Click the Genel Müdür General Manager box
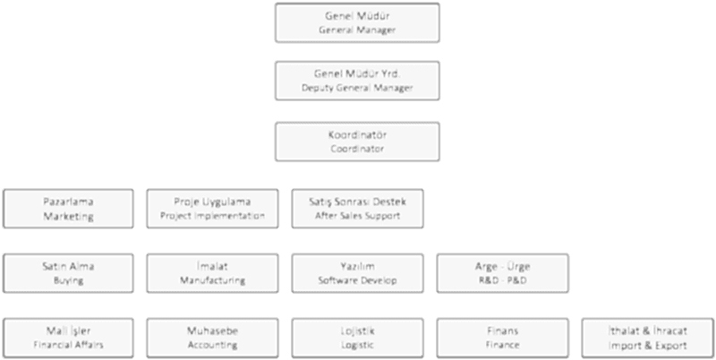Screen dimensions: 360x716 pyautogui.click(x=357, y=23)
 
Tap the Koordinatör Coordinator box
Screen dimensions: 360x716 pyautogui.click(x=357, y=141)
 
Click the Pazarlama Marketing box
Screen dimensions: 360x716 pyautogui.click(x=69, y=208)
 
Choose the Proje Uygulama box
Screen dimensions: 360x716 pyautogui.click(x=212, y=208)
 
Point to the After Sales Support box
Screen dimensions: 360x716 pyautogui.click(x=357, y=208)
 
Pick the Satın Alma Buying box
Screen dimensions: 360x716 pyautogui.click(x=69, y=272)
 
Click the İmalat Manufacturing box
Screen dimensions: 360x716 pyautogui.click(x=212, y=272)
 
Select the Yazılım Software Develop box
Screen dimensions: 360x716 pyautogui.click(x=357, y=272)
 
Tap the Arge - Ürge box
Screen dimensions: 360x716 pyautogui.click(x=502, y=272)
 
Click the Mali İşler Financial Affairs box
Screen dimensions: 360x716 pyautogui.click(x=69, y=337)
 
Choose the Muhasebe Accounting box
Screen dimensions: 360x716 pyautogui.click(x=212, y=337)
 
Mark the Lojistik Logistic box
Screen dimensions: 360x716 pyautogui.click(x=357, y=337)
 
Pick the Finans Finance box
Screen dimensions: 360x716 pyautogui.click(x=502, y=337)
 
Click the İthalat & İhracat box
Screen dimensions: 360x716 pyautogui.click(x=647, y=337)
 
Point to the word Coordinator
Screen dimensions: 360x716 pyautogui.click(x=357, y=150)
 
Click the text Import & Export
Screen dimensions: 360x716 pyautogui.click(x=647, y=345)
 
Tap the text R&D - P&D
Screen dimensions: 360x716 pyautogui.click(x=502, y=280)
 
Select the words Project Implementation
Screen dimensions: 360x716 pyautogui.click(x=212, y=216)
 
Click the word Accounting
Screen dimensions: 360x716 pyautogui.click(x=212, y=345)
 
